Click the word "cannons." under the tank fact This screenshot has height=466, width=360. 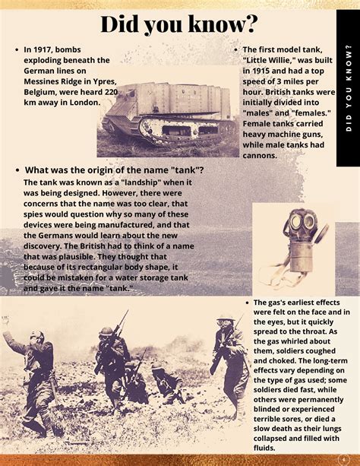tap(261, 155)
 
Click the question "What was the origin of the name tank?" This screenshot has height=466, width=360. tap(114, 170)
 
